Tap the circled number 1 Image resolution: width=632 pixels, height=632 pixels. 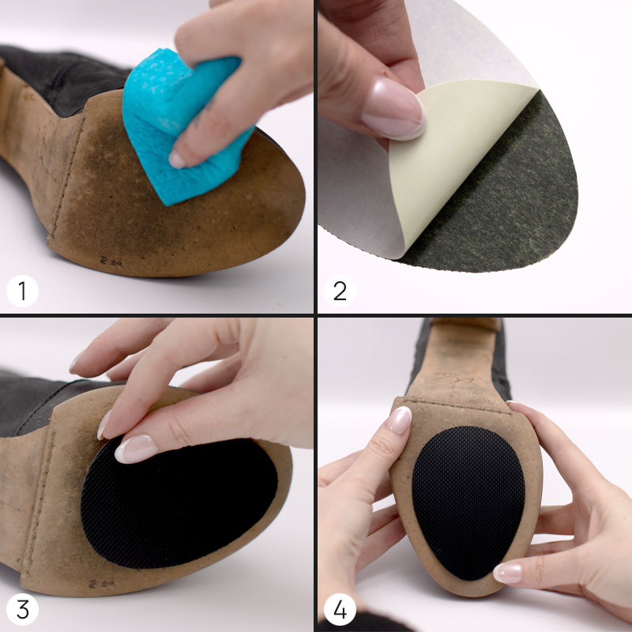point(22,292)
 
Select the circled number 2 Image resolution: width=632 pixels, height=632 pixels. point(340,292)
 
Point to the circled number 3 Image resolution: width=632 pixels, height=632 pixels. point(22,609)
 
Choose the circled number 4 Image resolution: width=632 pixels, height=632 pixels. point(340,609)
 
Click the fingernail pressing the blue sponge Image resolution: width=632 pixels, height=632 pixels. point(178,160)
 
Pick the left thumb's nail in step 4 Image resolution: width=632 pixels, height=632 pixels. point(400,419)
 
